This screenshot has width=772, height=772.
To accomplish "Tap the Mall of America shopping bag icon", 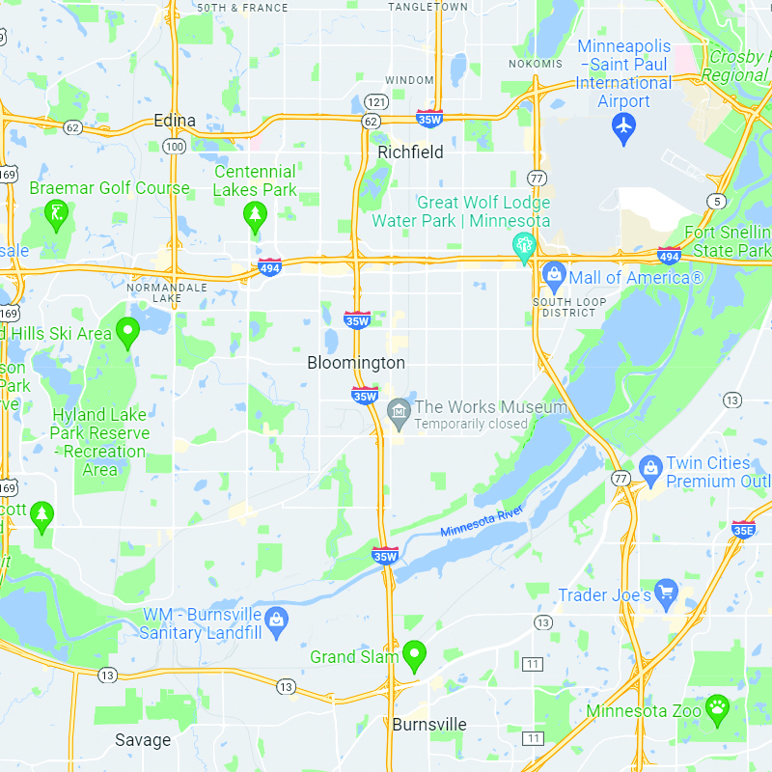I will pos(554,276).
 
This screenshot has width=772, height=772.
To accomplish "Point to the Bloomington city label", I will pos(356,363).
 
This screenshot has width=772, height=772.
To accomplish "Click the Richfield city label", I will pos(410,152).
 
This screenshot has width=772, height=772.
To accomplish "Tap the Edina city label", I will pos(175,121).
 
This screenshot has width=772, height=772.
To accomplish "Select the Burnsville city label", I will pos(428,725).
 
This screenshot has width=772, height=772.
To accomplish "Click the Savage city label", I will pos(143,740).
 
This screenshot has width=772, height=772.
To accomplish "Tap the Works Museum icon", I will pos(398,412).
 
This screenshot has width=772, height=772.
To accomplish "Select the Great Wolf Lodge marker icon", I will pos(524,245).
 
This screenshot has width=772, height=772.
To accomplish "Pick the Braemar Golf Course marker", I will pos(58,213).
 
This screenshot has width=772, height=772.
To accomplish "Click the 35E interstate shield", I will pos(743,530).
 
